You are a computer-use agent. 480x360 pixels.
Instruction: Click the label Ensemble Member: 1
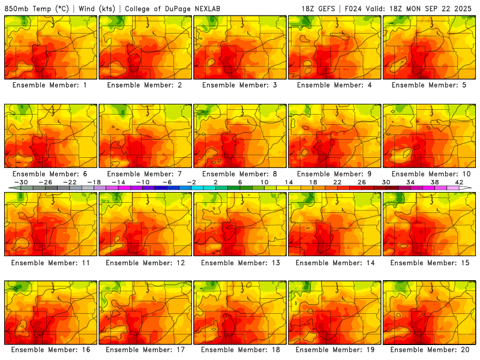click(50, 85)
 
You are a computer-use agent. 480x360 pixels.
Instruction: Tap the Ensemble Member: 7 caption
click(145, 174)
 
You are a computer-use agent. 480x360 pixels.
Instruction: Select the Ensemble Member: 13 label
click(240, 263)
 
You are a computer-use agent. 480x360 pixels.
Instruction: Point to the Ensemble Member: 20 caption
click(430, 349)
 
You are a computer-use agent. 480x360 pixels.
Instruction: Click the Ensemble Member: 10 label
click(430, 174)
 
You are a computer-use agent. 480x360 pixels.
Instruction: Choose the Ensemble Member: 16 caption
click(50, 349)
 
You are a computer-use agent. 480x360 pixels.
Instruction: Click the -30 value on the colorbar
click(22, 182)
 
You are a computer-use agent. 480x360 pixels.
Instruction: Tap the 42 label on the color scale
click(459, 182)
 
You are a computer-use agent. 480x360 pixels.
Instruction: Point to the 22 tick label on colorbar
click(337, 182)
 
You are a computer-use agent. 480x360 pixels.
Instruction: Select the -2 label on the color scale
click(191, 182)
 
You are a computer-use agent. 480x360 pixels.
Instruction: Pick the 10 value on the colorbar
click(265, 182)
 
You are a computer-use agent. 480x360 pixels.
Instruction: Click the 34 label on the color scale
click(410, 182)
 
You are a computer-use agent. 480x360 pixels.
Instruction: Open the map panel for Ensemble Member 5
click(430, 47)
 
